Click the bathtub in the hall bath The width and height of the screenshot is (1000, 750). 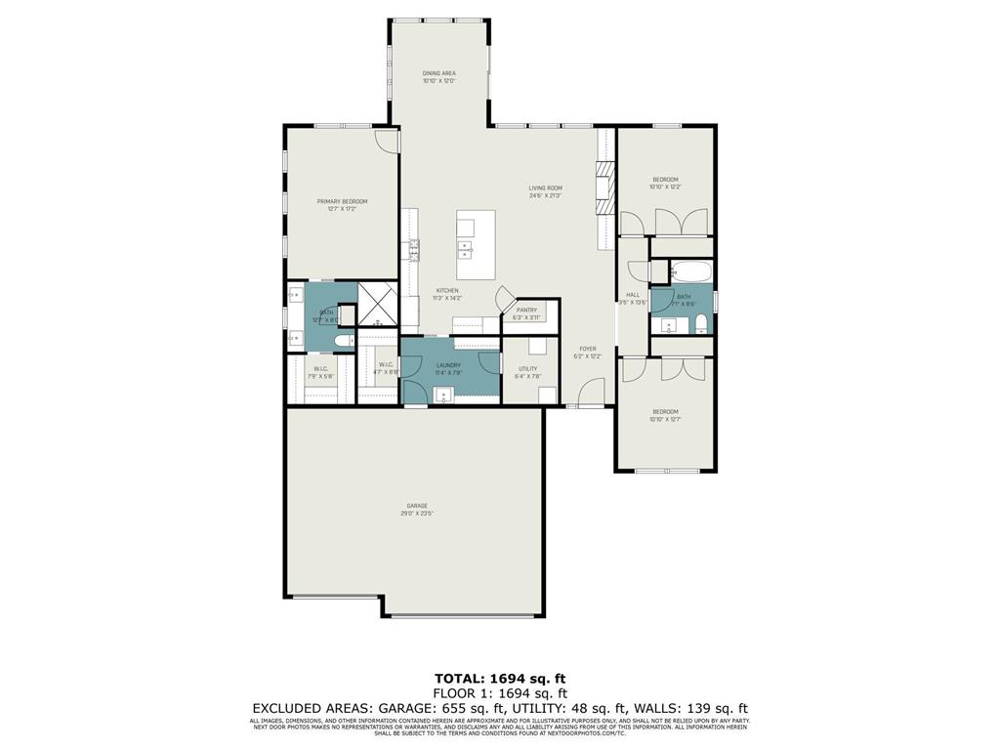[690, 270]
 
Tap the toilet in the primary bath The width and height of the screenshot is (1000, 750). [343, 340]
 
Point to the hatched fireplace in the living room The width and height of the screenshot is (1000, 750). [605, 186]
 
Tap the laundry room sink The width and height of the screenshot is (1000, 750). [445, 396]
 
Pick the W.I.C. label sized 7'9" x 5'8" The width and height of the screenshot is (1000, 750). [320, 371]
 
